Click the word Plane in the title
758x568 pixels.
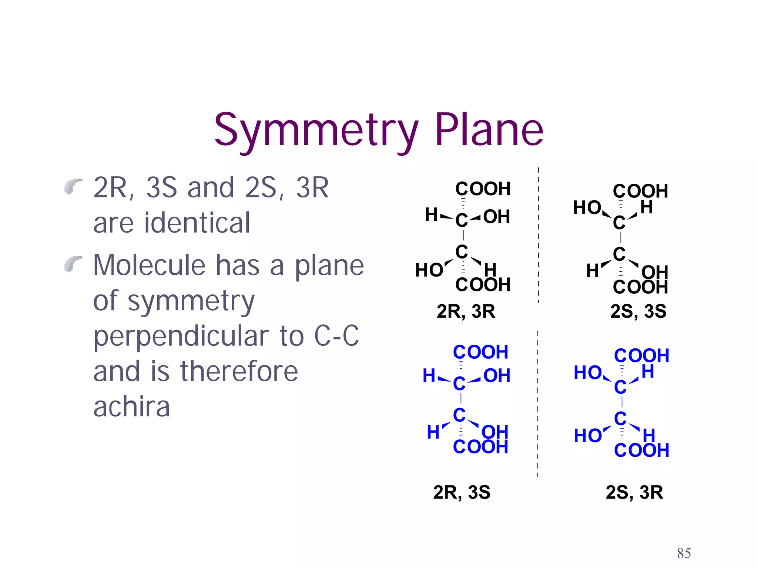point(489,129)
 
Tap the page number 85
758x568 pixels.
point(684,553)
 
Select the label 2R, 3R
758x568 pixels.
point(466,311)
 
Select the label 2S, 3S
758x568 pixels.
point(638,311)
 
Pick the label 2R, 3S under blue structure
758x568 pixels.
point(462,492)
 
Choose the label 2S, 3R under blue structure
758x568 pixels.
point(634,492)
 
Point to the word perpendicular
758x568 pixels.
point(199,336)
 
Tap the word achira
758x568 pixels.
point(131,406)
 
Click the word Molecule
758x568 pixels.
point(149,265)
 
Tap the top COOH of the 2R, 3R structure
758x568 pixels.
point(483,189)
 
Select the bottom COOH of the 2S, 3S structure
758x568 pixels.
point(640,287)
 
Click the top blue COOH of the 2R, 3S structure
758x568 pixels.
point(480,352)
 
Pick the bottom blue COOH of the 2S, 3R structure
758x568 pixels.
point(641,450)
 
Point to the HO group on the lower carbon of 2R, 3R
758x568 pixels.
point(429,270)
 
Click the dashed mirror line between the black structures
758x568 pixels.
point(539,237)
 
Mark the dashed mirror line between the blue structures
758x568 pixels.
point(537,403)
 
